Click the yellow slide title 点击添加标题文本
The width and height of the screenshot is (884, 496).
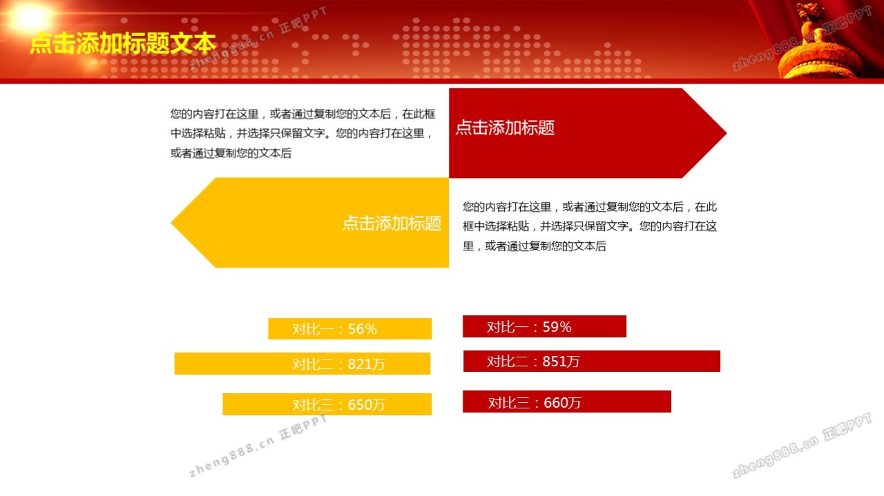coord(123,43)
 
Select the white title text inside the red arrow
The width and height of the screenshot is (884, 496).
coord(505,128)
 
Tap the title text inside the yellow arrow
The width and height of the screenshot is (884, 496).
coord(392,223)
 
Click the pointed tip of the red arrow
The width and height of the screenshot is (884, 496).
coord(726,133)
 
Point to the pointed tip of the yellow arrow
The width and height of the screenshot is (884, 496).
coord(171,223)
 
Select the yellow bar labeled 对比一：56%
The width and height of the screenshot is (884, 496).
coord(349,328)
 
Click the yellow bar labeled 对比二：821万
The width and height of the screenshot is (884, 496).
coord(302,364)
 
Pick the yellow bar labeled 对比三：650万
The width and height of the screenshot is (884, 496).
coord(327,404)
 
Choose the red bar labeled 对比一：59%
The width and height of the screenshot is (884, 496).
coord(544,326)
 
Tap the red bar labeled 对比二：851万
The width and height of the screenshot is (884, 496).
coord(592,361)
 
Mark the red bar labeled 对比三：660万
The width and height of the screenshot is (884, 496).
coord(567,401)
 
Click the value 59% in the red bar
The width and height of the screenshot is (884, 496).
coord(557,327)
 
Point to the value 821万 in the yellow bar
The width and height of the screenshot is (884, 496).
coord(366,364)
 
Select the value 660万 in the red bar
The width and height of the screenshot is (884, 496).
coord(562,403)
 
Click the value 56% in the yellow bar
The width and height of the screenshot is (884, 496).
coord(363,329)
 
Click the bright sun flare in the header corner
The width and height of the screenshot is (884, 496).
coord(30,17)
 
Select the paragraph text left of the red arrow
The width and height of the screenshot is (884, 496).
coord(302,133)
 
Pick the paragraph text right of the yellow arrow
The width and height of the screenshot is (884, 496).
coord(590,226)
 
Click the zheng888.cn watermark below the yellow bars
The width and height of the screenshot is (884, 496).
coord(258,446)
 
